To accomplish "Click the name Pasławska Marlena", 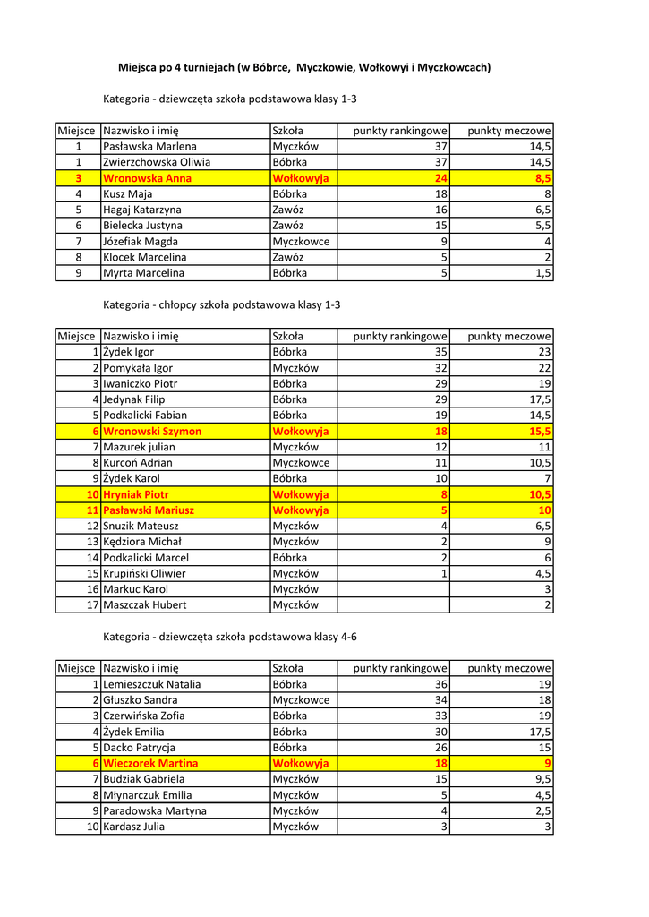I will point(149,146).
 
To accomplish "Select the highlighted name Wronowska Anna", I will point(147,178).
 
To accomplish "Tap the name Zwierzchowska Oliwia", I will point(157,162).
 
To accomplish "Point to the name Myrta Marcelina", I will point(144,273).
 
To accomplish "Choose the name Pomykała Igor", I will point(138,368).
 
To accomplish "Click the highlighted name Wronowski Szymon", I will point(152,431).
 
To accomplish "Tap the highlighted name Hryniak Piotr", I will point(136,494).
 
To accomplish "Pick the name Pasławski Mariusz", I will point(149,510).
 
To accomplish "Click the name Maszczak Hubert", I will point(145,605).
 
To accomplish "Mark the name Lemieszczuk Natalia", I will point(152,684).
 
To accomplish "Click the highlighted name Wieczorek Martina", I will point(150,763).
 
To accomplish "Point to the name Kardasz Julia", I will point(134,827).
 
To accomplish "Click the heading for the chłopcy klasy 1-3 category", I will point(222,304).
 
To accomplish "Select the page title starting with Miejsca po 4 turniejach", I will point(304,67).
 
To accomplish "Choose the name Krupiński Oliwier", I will point(144,573).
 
